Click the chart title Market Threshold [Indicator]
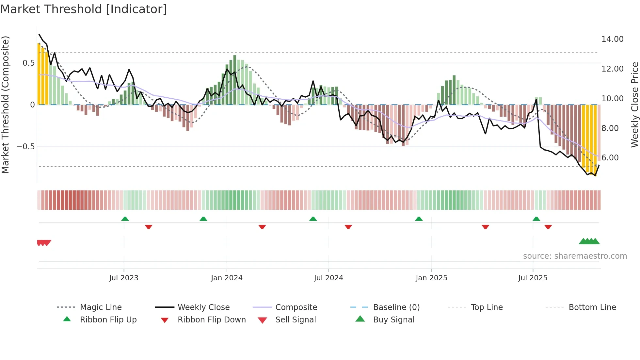coord(84,9)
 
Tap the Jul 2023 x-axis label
coord(124,278)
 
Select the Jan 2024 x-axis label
coord(227,278)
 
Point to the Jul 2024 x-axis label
coord(328,278)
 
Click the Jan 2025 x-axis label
coord(431,278)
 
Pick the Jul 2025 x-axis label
coord(533,278)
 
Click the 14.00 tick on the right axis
coord(612,39)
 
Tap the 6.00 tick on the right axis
coord(610,158)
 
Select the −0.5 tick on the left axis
coord(26,147)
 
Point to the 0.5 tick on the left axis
coord(28,63)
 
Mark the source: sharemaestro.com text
coord(575,256)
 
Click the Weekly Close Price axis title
coord(634,105)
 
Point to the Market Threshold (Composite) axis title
coord(5,105)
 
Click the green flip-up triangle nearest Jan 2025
coord(419,219)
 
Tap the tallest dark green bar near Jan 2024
coord(235,80)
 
